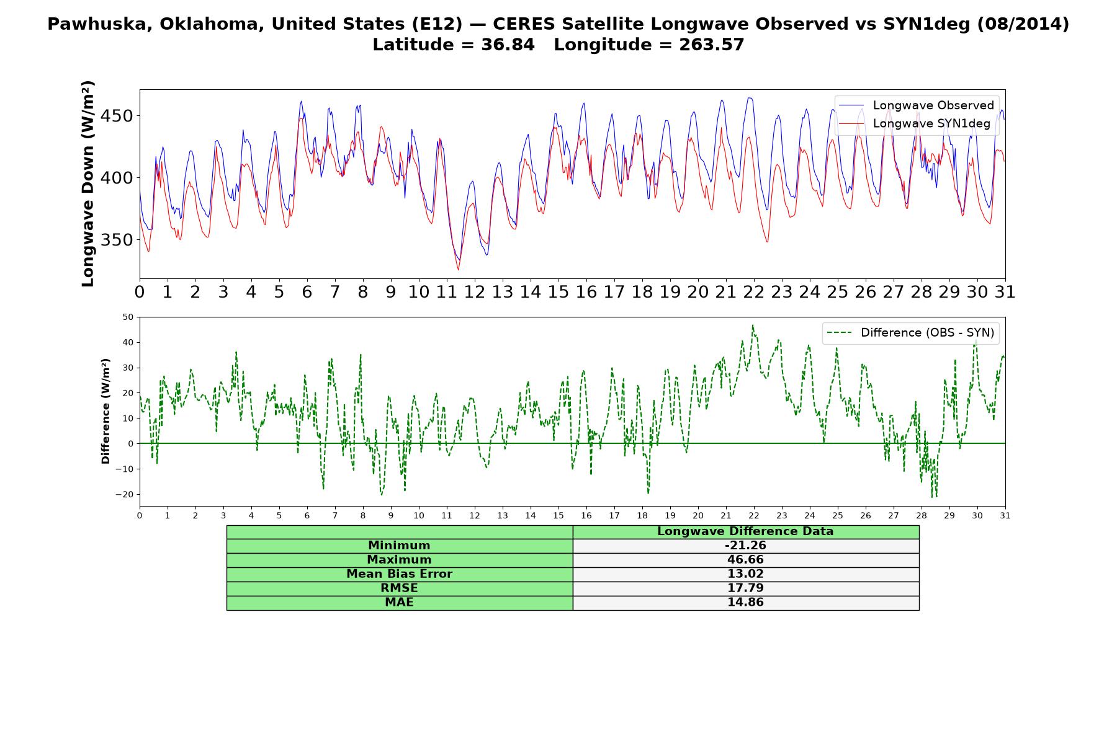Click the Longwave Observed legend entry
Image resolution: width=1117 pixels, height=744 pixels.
click(x=916, y=105)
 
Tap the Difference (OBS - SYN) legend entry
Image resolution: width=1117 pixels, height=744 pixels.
click(x=910, y=333)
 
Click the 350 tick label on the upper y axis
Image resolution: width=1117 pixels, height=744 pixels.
click(x=116, y=240)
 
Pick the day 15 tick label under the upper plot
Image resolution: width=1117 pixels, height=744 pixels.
click(x=558, y=291)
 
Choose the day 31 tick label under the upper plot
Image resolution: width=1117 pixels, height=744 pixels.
click(x=1005, y=291)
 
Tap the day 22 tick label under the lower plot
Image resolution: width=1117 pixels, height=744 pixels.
click(x=754, y=515)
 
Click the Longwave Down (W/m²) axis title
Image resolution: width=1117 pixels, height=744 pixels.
click(x=87, y=184)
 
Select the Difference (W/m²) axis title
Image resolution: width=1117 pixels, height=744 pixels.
click(x=105, y=411)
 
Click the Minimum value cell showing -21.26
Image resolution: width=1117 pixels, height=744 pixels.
click(x=745, y=546)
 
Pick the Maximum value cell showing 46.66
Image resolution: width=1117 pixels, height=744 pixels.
click(x=745, y=560)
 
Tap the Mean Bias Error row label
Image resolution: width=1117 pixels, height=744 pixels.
click(x=399, y=574)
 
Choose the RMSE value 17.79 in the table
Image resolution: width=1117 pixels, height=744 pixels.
click(x=745, y=588)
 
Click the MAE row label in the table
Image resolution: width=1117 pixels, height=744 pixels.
click(x=399, y=603)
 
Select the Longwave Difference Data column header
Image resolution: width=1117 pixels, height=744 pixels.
click(x=745, y=531)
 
